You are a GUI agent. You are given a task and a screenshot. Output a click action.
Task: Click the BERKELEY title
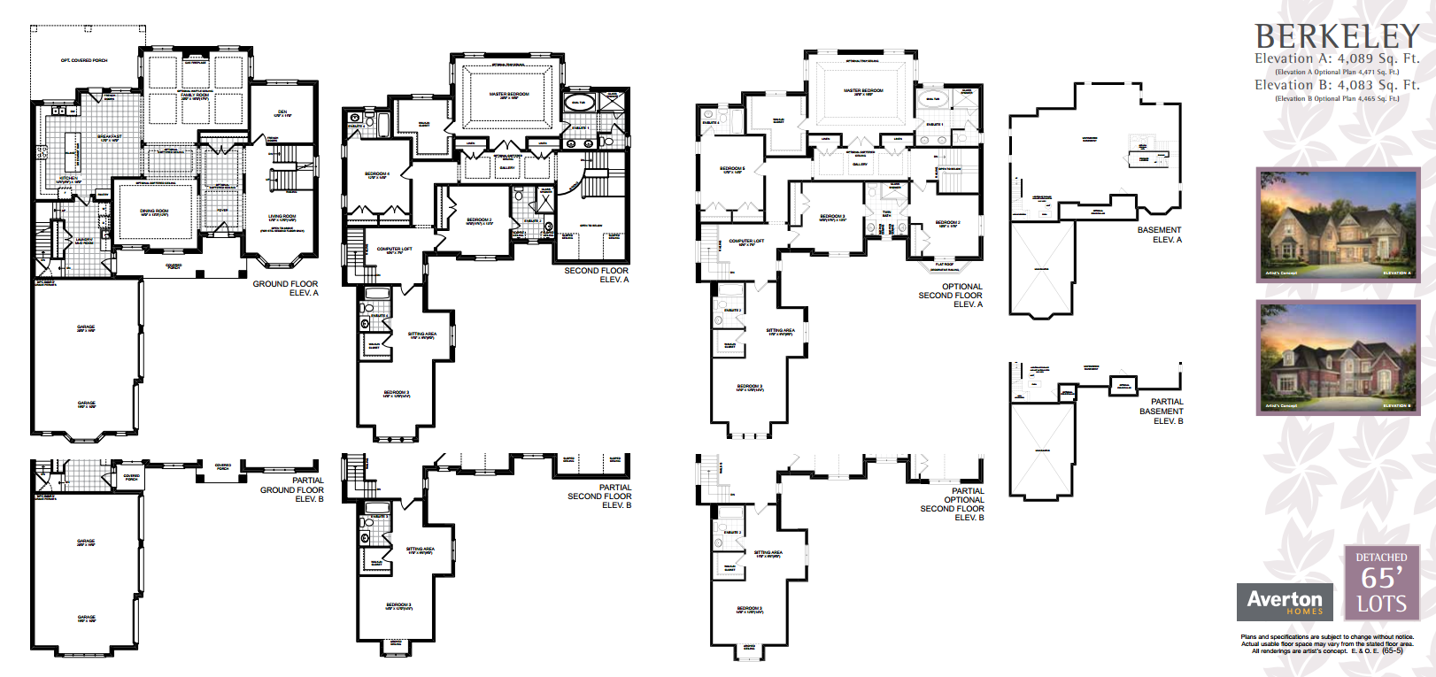pos(1337,36)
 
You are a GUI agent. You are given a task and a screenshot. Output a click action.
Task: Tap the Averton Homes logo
pos(1285,602)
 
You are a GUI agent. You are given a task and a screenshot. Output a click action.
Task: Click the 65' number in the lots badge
pos(1381,578)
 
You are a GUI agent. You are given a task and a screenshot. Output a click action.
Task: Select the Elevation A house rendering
pos(1338,225)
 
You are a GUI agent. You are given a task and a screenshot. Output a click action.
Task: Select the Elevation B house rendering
pos(1338,358)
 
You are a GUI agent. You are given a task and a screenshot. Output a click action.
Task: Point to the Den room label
pos(282,113)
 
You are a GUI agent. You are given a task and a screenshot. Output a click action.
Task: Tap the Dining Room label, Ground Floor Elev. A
pos(154,212)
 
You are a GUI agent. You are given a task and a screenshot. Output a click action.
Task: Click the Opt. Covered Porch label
pos(84,60)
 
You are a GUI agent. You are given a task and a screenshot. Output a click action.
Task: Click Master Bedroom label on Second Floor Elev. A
pos(509,95)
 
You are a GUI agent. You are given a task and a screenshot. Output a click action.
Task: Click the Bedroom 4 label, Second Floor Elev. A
pos(376,175)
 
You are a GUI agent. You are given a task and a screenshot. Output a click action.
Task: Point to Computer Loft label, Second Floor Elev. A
pos(394,250)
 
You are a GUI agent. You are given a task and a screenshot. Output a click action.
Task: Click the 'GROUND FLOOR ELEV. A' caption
pos(286,288)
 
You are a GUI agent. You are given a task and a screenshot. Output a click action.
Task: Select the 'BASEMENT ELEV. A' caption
pos(1160,235)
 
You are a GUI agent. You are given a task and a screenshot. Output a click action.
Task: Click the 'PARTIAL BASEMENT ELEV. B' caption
pos(1162,412)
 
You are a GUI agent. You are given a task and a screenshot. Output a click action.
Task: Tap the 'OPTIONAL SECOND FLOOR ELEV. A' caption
pos(951,296)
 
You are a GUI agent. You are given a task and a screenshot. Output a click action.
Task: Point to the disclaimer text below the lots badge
pos(1327,643)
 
